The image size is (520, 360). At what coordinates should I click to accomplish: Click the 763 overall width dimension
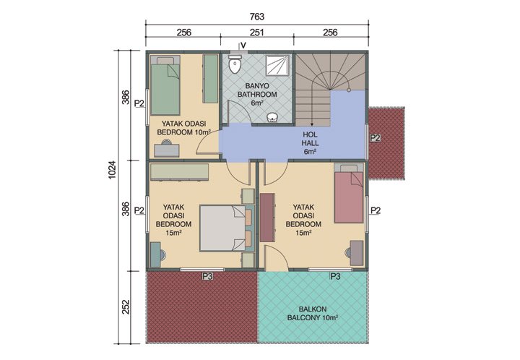click(256, 16)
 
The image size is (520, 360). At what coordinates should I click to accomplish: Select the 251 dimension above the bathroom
click(256, 33)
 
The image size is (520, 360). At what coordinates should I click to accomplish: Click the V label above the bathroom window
click(243, 46)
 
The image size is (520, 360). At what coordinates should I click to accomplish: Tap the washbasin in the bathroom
click(272, 118)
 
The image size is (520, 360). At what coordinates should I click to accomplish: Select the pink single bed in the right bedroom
click(350, 196)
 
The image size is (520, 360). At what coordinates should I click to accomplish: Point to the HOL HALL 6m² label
click(310, 142)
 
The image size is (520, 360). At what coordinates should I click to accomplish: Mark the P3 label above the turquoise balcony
click(335, 276)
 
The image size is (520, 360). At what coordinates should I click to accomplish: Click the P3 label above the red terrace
click(207, 276)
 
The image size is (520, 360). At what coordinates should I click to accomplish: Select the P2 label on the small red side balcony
click(374, 138)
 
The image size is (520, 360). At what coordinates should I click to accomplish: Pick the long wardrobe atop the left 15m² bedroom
click(179, 172)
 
